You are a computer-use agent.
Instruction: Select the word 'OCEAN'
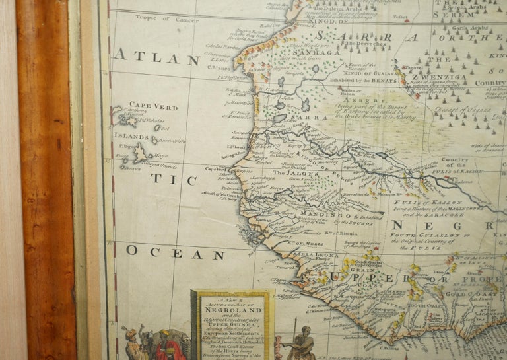tap(166, 252)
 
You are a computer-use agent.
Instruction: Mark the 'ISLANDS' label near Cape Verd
tap(135, 136)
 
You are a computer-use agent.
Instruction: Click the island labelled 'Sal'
tap(165, 128)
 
